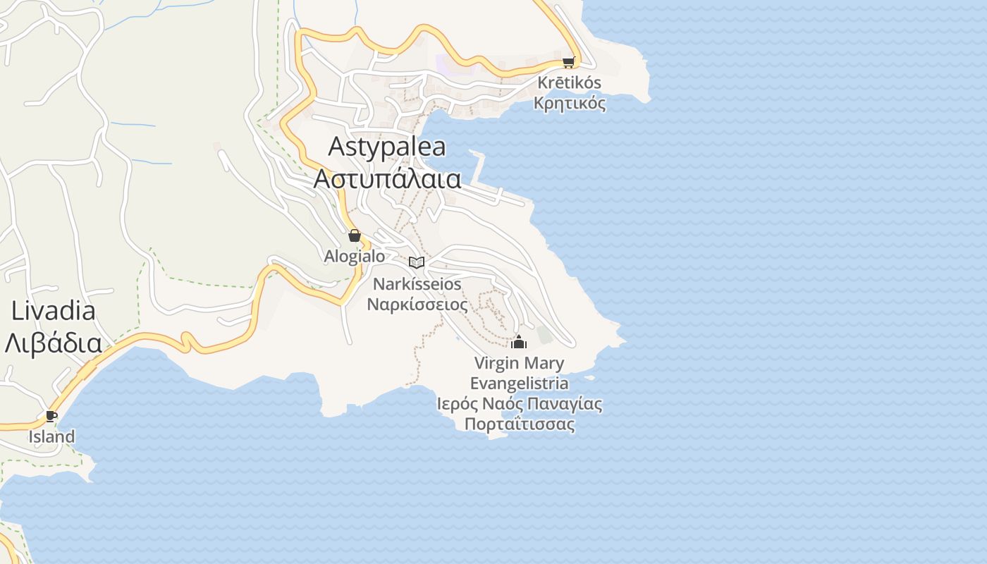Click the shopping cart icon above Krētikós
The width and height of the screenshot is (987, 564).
tap(568, 62)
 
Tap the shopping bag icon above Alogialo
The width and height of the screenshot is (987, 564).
tap(355, 235)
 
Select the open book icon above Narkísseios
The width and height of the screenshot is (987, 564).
tap(417, 263)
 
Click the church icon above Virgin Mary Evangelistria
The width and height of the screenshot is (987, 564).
tap(519, 343)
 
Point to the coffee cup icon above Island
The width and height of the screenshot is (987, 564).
tap(51, 415)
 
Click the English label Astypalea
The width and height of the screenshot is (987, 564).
tap(387, 147)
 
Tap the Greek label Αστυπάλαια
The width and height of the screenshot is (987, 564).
tap(387, 178)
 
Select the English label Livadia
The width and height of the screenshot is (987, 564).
tap(54, 311)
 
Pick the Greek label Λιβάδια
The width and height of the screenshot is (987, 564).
tap(53, 343)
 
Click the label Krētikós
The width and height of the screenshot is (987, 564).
tap(570, 82)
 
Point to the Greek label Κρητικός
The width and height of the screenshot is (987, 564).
tap(570, 104)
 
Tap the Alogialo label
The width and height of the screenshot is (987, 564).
tap(355, 256)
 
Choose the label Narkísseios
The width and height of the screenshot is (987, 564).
tap(417, 284)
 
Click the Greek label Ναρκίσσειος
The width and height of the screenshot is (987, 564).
tap(417, 305)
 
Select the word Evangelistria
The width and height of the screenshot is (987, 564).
tap(519, 384)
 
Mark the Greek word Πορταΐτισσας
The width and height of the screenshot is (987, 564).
tap(520, 424)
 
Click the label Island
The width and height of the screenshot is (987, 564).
tap(51, 436)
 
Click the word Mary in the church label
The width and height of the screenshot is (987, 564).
tap(544, 364)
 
